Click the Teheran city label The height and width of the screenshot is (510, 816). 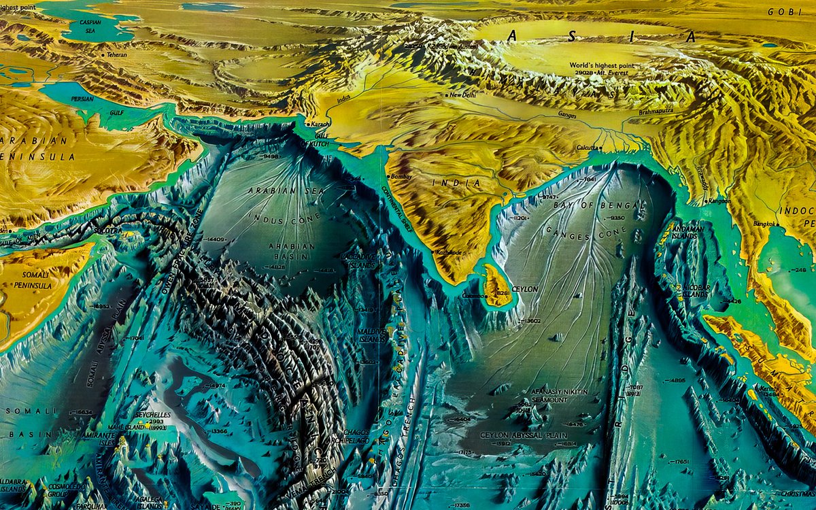116,55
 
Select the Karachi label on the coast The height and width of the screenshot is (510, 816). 320,125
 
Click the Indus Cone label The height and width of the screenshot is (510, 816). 276,220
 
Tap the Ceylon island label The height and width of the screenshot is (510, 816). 524,289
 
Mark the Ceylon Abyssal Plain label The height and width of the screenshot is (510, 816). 524,435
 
